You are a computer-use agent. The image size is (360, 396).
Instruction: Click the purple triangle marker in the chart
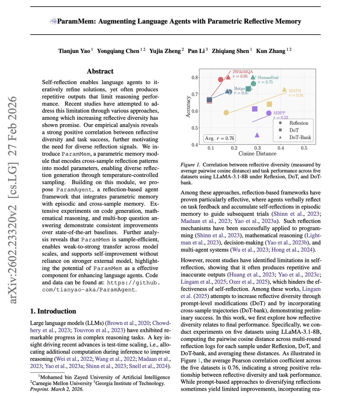[257, 135]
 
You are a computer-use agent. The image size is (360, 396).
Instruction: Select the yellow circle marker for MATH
[226, 113]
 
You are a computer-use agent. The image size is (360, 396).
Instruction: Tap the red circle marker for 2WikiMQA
[221, 79]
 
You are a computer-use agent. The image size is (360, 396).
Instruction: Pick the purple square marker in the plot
[255, 109]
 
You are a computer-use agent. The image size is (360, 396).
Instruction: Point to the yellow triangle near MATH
[284, 89]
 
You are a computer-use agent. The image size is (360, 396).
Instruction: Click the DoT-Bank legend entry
[300, 137]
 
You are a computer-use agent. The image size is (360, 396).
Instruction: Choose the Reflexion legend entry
[298, 123]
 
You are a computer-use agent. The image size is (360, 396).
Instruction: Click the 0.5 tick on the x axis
[304, 148]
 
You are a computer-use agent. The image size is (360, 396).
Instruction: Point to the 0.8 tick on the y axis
[195, 78]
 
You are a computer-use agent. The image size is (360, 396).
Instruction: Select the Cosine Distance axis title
[257, 153]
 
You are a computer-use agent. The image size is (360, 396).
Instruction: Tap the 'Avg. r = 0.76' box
[219, 138]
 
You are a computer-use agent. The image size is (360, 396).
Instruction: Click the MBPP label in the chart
[279, 113]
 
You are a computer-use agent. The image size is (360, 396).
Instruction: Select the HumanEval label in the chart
[268, 78]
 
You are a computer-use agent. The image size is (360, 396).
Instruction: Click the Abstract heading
[100, 71]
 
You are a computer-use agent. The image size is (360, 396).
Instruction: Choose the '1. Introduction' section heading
[53, 311]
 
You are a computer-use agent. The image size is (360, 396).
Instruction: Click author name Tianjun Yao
[74, 51]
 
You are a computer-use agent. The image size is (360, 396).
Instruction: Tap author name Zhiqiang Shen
[230, 51]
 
